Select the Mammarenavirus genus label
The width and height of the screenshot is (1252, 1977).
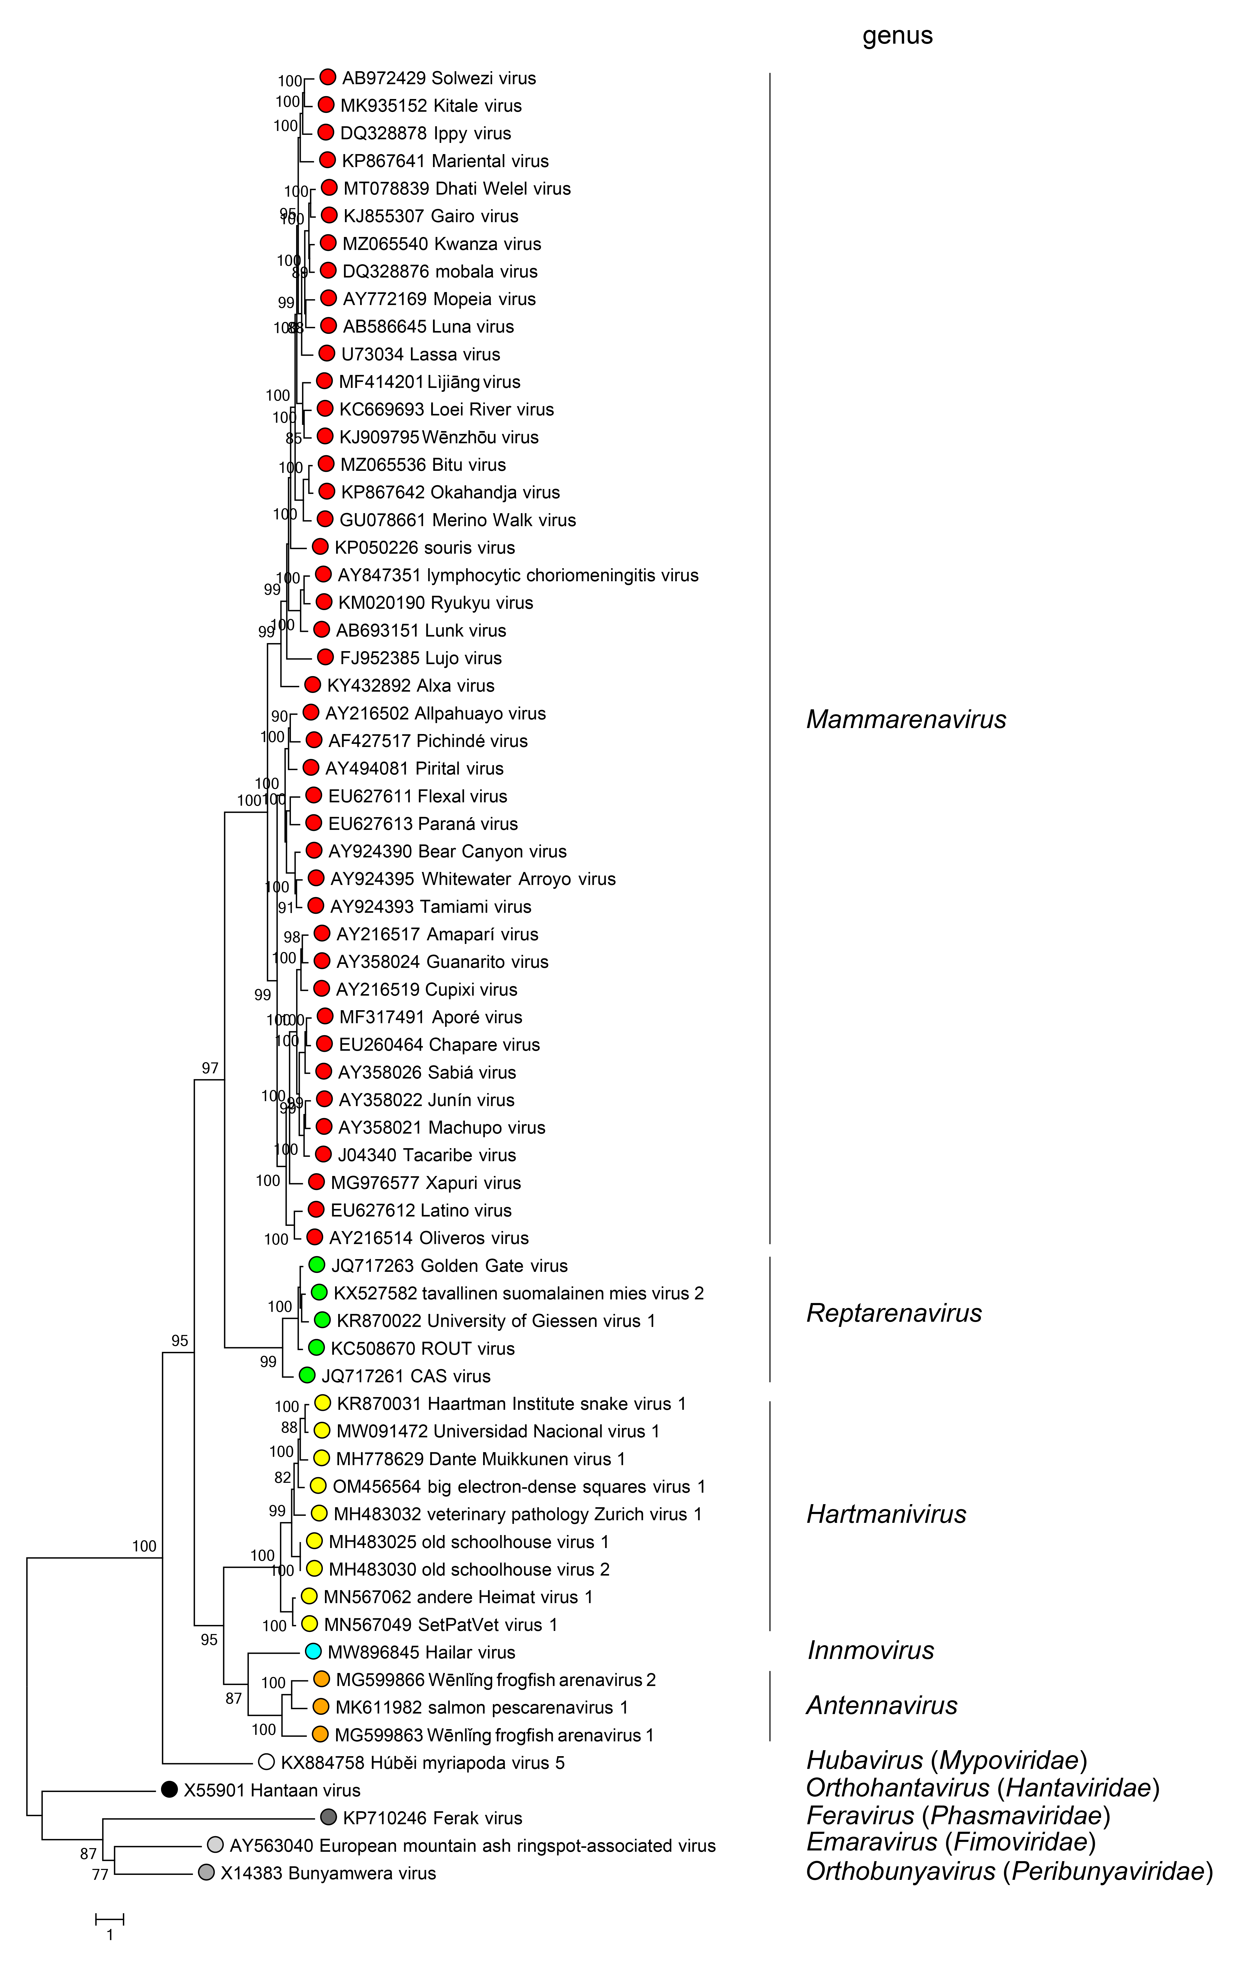[x=905, y=719]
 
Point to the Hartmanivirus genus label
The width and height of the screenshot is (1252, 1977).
[x=886, y=1514]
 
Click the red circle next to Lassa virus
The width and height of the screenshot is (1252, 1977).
[x=327, y=354]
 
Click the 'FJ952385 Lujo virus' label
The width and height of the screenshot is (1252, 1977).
[x=420, y=658]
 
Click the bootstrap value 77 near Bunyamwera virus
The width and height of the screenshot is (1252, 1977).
[x=100, y=1874]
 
